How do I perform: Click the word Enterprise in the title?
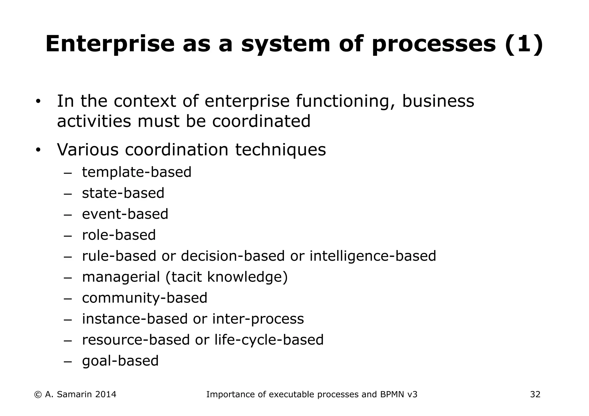(110, 44)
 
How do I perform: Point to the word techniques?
(280, 150)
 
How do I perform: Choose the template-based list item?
(137, 172)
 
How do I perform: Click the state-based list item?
(123, 193)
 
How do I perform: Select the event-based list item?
(125, 214)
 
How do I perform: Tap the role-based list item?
(119, 235)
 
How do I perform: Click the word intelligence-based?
(373, 256)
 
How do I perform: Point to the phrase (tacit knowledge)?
(226, 277)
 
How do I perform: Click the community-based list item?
(145, 298)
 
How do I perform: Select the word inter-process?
(258, 319)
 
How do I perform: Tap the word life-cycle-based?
(269, 340)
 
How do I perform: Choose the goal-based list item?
(120, 361)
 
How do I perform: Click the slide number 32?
(535, 394)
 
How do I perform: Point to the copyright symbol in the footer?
(38, 394)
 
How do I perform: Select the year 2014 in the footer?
(106, 394)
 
